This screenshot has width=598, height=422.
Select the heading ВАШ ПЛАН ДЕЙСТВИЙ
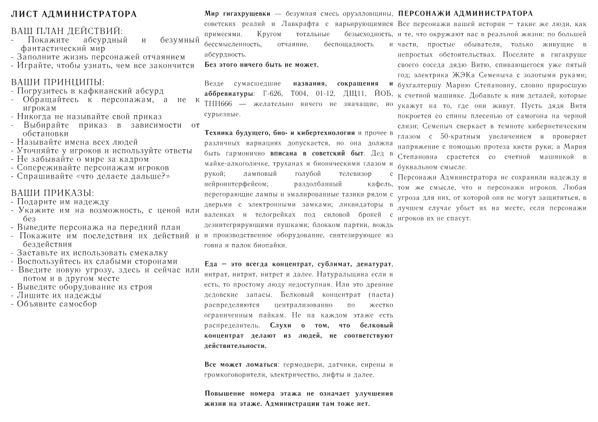pos(67,31)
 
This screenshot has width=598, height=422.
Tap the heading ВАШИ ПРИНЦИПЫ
pos(58,83)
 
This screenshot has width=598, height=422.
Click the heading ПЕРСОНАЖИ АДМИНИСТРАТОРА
pos(466,13)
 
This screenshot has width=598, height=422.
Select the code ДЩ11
pos(349,93)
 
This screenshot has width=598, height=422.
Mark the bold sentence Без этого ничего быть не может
pos(262,64)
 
